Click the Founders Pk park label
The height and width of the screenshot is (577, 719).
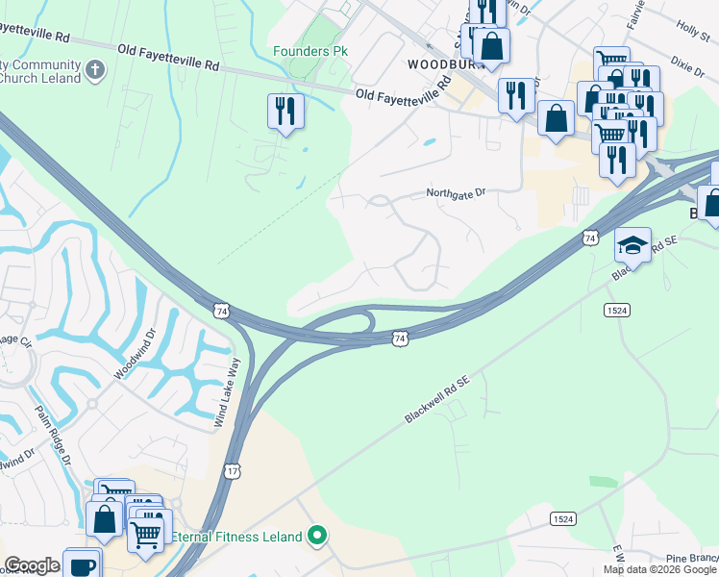click(x=310, y=51)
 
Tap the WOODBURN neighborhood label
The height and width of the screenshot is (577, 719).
click(x=442, y=63)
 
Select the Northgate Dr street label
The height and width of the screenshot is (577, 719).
click(x=457, y=193)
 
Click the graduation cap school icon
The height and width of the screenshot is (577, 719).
click(x=633, y=246)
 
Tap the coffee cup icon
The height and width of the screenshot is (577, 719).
click(x=81, y=565)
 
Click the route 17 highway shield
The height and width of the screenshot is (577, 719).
click(x=233, y=471)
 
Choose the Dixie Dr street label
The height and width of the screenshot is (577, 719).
click(x=688, y=69)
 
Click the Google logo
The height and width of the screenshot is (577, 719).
click(x=33, y=565)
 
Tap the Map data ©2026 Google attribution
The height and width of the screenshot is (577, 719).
click(x=658, y=569)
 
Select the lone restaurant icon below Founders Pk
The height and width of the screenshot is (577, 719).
click(x=285, y=111)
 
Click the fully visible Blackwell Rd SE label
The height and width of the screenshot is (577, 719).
click(x=436, y=400)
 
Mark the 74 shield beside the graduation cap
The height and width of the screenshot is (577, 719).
click(x=590, y=238)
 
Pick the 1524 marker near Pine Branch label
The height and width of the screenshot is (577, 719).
click(x=563, y=518)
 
